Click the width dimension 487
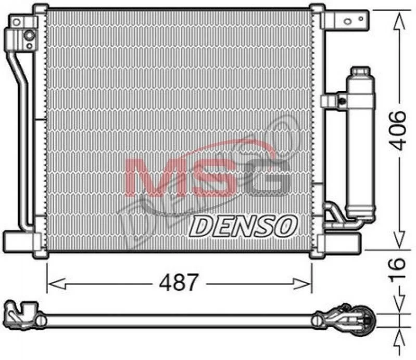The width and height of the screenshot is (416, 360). click(179, 282)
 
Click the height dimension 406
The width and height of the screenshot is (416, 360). click(397, 131)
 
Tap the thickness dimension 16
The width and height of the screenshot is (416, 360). click(397, 268)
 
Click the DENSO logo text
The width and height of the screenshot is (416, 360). click(243, 226)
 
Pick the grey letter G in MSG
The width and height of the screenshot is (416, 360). click(268, 177)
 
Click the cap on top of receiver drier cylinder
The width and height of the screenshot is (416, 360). click(360, 72)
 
